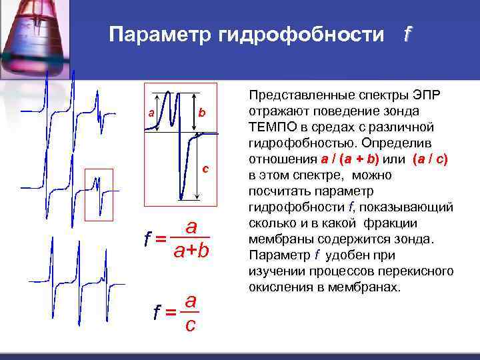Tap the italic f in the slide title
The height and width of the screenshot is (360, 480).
tap(407, 34)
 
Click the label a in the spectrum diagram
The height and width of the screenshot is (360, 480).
tap(152, 113)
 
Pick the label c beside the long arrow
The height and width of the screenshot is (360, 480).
tap(206, 167)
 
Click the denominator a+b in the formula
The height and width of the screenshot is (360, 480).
tap(191, 251)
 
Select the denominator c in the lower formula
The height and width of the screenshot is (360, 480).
tap(190, 325)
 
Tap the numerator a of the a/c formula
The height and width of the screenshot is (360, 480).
tap(191, 301)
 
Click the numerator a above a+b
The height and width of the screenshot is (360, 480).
tap(191, 227)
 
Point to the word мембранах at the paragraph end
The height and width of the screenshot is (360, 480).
tap(371, 287)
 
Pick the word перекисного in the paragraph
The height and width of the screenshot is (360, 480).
tap(421, 271)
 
